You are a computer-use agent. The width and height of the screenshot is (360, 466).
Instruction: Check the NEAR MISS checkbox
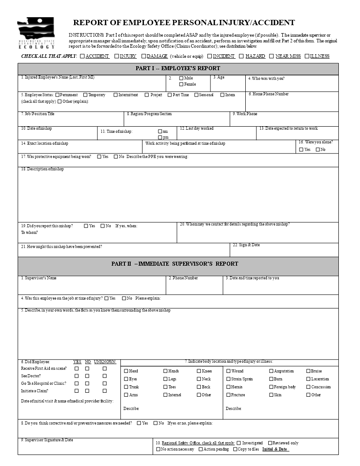271,56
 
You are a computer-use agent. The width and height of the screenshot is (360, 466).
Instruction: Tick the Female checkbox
181,84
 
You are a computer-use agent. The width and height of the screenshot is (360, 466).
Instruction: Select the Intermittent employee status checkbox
116,95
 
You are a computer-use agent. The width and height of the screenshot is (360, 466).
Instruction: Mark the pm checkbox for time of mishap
160,137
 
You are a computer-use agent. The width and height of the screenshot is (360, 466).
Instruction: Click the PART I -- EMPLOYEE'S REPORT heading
178,68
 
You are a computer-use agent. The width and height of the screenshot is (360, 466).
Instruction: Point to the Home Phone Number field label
269,94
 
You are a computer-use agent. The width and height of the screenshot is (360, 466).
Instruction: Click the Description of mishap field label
42,169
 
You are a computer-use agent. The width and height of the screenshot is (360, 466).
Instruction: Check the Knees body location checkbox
199,371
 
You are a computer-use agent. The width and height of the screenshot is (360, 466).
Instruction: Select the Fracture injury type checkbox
228,395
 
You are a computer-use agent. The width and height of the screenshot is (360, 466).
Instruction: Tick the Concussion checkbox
308,387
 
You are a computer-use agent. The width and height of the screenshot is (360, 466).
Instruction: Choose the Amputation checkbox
271,371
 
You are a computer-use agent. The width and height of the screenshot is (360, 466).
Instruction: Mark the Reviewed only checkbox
270,443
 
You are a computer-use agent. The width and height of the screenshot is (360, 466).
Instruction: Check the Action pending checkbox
201,449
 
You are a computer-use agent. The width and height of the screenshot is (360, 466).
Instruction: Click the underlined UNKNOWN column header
105,361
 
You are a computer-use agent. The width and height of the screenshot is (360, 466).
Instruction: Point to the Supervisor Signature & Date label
47,440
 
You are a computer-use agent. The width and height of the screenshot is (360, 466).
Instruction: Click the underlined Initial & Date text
275,449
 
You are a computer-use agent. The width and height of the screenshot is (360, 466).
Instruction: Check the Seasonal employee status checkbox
196,95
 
